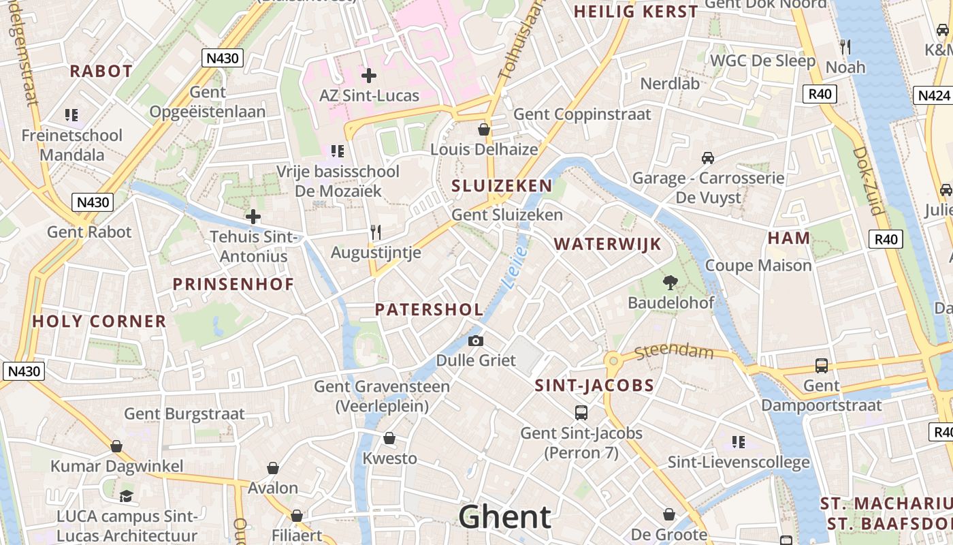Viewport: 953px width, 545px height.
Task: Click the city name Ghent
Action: click(504, 517)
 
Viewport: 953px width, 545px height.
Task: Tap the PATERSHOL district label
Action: click(429, 309)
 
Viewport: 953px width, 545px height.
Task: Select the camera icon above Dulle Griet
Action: click(475, 341)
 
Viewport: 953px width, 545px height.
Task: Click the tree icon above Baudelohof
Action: click(671, 283)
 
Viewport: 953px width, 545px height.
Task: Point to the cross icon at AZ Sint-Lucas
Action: click(369, 76)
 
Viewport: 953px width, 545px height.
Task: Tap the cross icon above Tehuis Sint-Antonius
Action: click(253, 217)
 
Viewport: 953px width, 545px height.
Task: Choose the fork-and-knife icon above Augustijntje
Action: click(375, 232)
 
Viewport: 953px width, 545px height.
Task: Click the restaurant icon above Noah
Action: click(845, 47)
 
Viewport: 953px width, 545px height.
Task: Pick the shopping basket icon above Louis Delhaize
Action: click(484, 129)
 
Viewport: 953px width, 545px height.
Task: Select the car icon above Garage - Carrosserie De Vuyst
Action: click(708, 158)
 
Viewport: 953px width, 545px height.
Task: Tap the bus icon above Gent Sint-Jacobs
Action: click(581, 412)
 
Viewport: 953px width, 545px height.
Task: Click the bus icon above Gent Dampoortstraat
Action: click(822, 366)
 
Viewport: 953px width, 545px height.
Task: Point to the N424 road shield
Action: click(933, 95)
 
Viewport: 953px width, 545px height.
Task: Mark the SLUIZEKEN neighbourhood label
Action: click(502, 186)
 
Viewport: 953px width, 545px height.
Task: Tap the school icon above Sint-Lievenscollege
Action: click(739, 442)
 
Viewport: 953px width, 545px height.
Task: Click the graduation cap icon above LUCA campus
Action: click(126, 496)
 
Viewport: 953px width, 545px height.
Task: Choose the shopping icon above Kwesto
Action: click(389, 438)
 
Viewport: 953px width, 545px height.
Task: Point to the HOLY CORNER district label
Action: click(99, 322)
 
